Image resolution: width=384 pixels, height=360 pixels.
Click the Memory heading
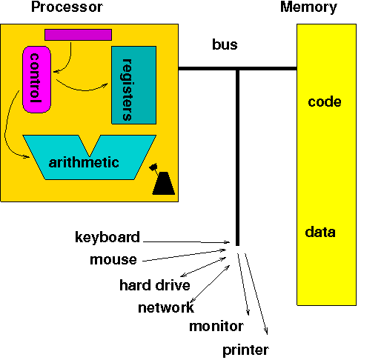[308, 7]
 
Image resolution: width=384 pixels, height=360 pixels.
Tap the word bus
[225, 45]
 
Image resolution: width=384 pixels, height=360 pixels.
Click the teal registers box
[133, 84]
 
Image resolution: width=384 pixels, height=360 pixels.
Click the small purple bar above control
[78, 34]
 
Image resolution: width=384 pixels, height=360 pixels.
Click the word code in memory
[324, 102]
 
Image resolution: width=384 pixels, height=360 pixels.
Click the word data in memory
[320, 233]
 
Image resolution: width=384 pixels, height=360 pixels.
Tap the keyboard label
[107, 238]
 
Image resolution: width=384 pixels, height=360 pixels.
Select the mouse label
[113, 260]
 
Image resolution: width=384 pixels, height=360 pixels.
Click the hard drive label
[154, 285]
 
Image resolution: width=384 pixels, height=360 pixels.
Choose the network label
[165, 307]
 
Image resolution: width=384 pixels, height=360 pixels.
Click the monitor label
[216, 327]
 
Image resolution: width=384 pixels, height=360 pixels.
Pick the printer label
[245, 350]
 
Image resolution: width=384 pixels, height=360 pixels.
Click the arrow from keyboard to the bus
[185, 241]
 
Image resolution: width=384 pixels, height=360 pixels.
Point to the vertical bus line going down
[237, 156]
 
